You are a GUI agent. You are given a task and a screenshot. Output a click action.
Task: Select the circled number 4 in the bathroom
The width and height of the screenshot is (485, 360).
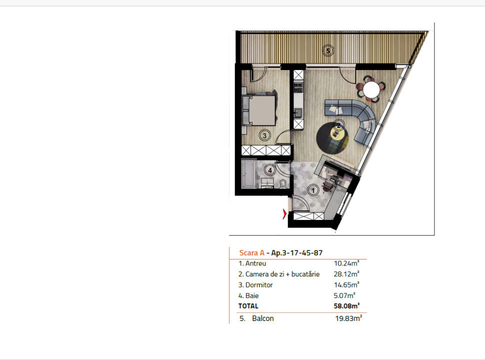pos(270,170)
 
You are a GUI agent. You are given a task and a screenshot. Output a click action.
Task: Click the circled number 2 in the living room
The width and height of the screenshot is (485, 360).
pos(338,125)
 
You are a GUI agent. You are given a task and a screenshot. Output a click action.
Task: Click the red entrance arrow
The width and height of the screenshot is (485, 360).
pos(284,214)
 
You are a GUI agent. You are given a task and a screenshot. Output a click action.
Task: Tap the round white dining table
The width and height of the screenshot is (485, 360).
pos(371,90)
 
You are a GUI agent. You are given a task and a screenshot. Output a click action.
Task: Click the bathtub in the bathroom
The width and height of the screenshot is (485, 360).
pos(248,174)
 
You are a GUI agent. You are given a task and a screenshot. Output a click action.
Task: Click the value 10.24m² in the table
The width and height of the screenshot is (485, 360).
pos(346,263)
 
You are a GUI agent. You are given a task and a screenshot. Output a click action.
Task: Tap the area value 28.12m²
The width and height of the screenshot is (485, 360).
pos(346,274)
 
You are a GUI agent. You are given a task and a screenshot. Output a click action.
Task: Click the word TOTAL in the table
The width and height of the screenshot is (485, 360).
pos(248,306)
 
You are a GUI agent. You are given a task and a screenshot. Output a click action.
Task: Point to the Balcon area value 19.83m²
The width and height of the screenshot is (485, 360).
pos(348,318)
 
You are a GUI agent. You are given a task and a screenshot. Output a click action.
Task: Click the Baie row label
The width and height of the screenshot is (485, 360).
pos(248,295)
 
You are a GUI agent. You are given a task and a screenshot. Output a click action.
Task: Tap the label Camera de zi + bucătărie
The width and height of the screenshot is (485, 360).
pos(278,274)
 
